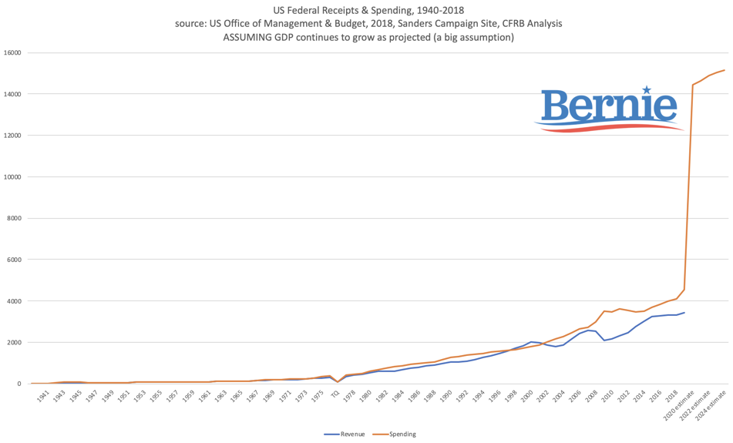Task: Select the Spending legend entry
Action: click(x=399, y=434)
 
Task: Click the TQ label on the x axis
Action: click(x=335, y=394)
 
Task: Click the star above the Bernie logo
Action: click(x=646, y=90)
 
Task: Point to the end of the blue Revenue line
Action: click(x=684, y=312)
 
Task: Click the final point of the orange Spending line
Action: click(x=725, y=70)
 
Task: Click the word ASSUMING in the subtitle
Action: click(x=250, y=37)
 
